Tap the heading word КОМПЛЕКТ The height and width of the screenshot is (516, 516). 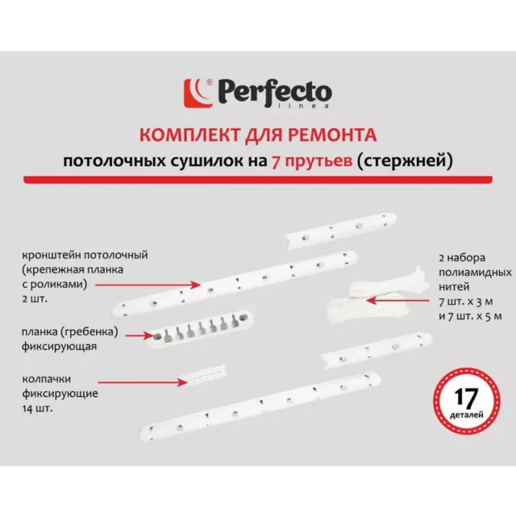point(182,133)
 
